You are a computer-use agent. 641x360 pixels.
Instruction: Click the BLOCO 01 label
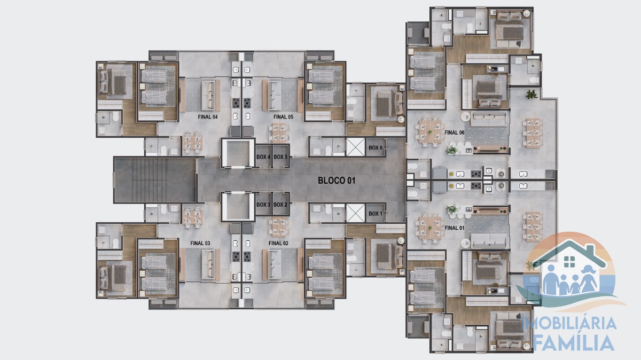pyautogui.click(x=337, y=181)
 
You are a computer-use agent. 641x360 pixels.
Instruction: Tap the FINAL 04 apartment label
pyautogui.click(x=208, y=117)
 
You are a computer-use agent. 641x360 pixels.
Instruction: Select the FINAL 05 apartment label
pyautogui.click(x=283, y=117)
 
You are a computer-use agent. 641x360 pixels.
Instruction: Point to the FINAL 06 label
pyautogui.click(x=455, y=132)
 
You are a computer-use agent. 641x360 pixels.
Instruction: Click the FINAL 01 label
pyautogui.click(x=455, y=228)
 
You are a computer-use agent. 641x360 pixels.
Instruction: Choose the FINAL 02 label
pyautogui.click(x=278, y=243)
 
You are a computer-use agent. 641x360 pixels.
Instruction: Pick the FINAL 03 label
pyautogui.click(x=200, y=243)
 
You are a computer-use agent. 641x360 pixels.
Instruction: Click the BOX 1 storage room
pyautogui.click(x=376, y=213)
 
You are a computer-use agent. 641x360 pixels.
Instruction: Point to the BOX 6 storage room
pyautogui.click(x=376, y=147)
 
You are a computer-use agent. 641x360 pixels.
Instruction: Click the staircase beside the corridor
pyautogui.click(x=155, y=180)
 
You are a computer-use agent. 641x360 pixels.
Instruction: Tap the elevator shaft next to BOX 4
pyautogui.click(x=238, y=153)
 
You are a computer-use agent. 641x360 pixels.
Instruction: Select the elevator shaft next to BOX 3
pyautogui.click(x=238, y=206)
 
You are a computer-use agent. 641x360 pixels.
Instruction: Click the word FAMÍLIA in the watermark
pyautogui.click(x=574, y=342)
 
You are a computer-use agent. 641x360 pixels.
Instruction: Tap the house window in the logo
pyautogui.click(x=569, y=262)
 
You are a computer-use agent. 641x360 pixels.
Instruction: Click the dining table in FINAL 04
pyautogui.click(x=192, y=142)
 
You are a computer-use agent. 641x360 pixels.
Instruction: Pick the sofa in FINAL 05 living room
pyautogui.click(x=275, y=95)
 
